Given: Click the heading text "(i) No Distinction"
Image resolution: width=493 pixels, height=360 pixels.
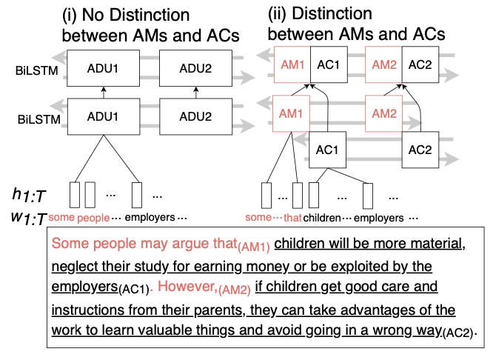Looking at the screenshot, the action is [126, 15].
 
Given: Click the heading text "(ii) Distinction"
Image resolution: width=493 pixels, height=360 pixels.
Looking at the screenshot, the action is [320, 14].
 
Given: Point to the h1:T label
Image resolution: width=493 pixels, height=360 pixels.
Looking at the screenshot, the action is [29, 195].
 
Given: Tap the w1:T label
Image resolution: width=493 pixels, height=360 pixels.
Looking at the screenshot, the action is [29, 218].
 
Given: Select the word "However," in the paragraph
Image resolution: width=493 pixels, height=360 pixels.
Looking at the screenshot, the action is [187, 287].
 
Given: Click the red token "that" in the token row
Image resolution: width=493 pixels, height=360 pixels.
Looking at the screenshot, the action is [292, 218].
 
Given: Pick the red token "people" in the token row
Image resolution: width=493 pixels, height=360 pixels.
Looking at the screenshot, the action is [93, 218].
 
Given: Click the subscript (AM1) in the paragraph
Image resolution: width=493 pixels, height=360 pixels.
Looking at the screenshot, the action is [254, 247].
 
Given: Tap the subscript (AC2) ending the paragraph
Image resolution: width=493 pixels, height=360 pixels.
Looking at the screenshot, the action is [457, 333].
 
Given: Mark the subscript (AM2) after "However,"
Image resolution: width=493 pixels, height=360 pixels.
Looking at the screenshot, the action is [234, 290].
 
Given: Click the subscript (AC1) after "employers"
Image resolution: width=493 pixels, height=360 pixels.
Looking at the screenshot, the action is [134, 289].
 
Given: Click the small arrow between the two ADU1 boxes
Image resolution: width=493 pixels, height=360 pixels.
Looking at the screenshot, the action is [104, 93].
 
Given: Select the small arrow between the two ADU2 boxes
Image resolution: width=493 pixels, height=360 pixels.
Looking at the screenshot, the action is [196, 93].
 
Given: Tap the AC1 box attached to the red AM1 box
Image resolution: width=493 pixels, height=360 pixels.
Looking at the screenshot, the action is [329, 64].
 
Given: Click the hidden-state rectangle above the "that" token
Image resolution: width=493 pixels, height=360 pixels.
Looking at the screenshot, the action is [298, 196].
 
